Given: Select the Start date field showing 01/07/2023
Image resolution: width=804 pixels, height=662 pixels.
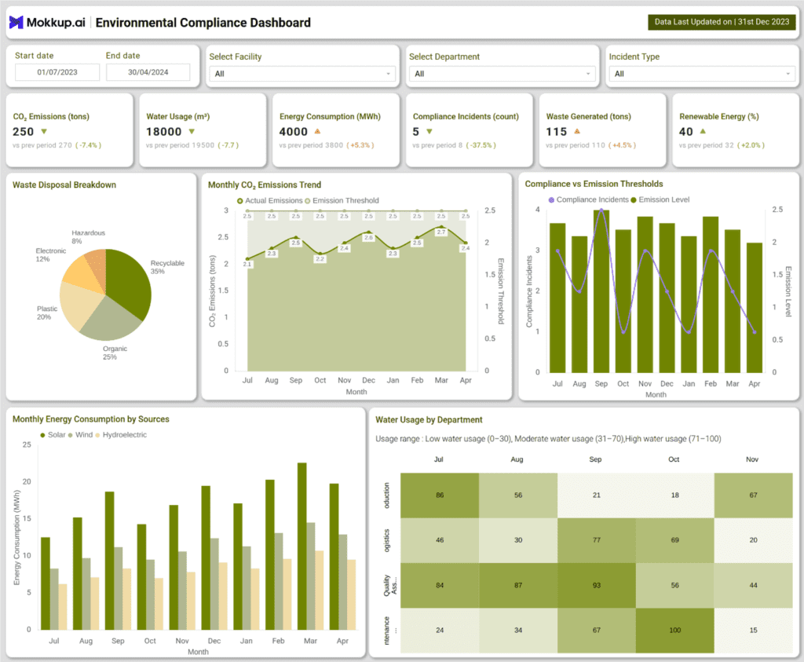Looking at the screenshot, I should [57, 72].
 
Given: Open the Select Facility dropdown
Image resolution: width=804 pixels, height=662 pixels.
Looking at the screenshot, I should [301, 74].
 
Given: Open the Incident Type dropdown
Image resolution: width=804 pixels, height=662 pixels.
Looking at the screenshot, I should [702, 74].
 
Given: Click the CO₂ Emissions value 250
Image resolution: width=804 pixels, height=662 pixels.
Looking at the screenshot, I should [24, 132].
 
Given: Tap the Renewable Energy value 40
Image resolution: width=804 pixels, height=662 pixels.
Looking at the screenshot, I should [686, 132].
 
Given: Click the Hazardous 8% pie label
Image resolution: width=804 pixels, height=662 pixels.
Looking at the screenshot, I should [87, 237].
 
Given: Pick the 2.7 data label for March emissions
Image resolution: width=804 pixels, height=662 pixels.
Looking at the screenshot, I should [440, 232].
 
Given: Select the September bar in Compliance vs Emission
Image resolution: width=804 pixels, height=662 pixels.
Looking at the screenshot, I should [601, 291].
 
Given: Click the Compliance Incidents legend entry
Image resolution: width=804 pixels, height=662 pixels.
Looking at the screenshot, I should [593, 199].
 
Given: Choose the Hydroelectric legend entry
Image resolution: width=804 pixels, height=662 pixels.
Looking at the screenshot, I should [124, 434].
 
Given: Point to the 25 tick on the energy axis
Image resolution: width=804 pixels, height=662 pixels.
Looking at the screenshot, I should [27, 445].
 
